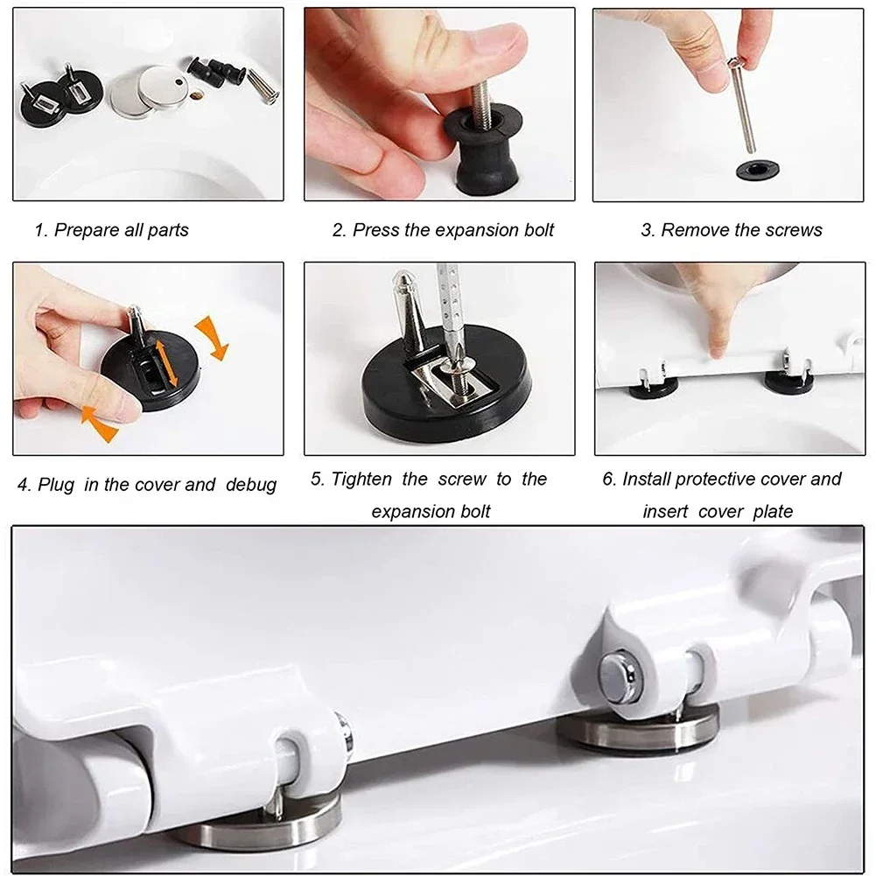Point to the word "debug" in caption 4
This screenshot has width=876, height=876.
[251, 485]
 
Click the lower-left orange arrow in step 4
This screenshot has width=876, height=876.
[98, 420]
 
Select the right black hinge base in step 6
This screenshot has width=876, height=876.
[788, 381]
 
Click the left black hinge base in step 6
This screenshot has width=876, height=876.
[652, 385]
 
